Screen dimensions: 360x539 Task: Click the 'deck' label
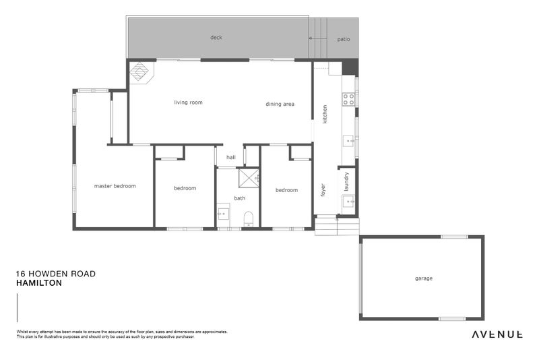216,38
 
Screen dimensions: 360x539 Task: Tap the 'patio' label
343,39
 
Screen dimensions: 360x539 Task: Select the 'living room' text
188,102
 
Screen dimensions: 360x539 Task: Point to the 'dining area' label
280,104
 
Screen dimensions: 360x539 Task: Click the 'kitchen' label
325,113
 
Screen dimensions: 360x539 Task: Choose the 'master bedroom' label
115,186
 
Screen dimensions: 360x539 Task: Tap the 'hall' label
231,157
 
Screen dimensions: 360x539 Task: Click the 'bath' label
239,198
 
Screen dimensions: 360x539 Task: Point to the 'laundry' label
346,181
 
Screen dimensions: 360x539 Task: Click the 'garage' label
423,278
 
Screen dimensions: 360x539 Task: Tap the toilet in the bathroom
248,218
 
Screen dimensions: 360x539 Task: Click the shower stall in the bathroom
248,178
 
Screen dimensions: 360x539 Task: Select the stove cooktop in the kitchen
349,100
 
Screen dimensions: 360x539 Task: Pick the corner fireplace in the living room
141,71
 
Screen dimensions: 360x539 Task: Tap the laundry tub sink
349,202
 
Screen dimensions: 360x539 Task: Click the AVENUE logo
497,334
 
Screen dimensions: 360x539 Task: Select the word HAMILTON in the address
39,284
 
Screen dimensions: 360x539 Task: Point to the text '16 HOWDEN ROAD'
55,274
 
